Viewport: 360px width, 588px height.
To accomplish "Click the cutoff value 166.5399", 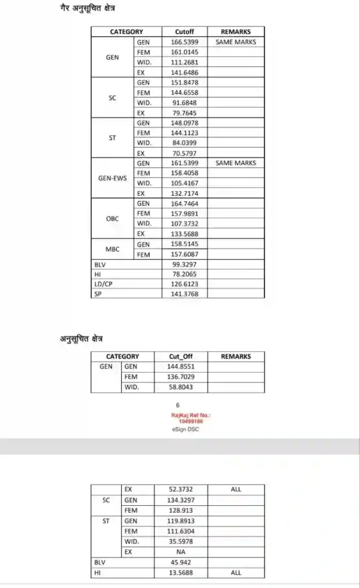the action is point(184,42).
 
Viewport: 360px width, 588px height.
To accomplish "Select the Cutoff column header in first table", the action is point(184,32).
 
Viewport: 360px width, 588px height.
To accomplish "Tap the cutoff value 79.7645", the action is point(184,113).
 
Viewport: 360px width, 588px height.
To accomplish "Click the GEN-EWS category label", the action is point(113,178).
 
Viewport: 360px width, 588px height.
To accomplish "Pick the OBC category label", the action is point(113,219).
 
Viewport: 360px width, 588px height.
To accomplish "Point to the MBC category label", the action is point(113,249).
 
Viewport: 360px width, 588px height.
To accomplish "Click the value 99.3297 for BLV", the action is point(184,264).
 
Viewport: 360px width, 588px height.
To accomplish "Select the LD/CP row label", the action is point(103,284).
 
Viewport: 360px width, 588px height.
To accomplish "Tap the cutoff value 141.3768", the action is point(184,294).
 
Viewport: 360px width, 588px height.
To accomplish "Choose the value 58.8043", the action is point(181,388).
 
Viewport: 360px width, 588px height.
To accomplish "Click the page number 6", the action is point(178,405).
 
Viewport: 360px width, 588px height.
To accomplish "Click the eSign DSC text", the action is point(183,429).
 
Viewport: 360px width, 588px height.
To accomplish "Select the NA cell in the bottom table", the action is point(180,552).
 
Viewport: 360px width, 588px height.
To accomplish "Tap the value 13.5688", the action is point(180,572).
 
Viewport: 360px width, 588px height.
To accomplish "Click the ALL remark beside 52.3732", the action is point(236,490).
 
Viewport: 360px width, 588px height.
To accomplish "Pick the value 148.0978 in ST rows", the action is point(184,123).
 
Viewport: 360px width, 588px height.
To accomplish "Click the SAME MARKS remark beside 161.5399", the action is point(235,163).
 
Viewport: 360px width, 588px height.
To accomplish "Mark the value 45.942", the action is point(180,562).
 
